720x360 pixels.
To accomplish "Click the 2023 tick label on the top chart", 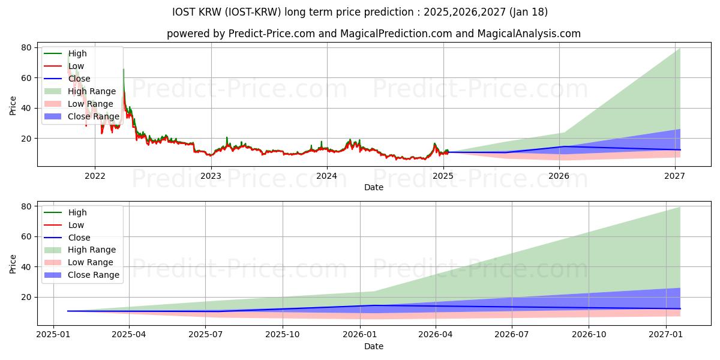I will tap(211, 176).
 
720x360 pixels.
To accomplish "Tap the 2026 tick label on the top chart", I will tap(559, 176).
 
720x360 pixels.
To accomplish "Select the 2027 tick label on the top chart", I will tap(675, 176).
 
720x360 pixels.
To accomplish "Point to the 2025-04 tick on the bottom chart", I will tap(129, 335).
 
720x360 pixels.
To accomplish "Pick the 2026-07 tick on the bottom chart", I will tap(512, 335).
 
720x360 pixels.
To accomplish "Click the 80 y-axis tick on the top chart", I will tap(26, 47).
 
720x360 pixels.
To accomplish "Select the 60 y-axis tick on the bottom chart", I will tap(26, 236).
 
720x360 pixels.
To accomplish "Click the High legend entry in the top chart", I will tap(77, 53).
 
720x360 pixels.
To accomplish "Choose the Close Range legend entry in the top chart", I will tap(93, 116).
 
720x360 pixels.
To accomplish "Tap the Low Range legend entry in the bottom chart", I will tap(90, 262).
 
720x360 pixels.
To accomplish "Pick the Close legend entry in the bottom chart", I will tap(79, 238).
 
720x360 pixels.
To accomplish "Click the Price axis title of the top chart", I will tap(13, 105).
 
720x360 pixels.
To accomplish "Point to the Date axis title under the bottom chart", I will tap(373, 346).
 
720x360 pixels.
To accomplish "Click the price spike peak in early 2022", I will tap(124, 70).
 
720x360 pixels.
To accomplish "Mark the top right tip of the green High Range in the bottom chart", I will tap(680, 208).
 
